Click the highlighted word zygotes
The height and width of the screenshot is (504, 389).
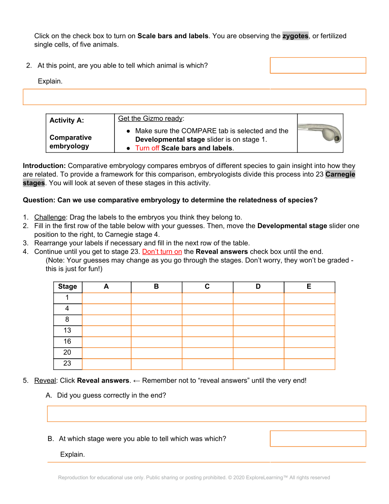point(295,36)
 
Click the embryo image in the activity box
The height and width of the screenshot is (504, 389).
point(320,133)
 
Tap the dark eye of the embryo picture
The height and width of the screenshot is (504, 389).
point(338,139)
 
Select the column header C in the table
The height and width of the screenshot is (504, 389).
point(207,287)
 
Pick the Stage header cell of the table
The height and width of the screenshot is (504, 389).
point(68,287)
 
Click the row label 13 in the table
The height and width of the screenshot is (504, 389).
point(67,330)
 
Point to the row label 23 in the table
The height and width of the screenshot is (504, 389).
point(67,363)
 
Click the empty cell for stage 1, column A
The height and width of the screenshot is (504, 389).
point(106,298)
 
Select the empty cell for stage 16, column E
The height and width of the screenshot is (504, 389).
point(309,342)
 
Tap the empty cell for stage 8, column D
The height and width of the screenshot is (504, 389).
point(258,320)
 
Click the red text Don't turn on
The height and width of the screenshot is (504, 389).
point(162,252)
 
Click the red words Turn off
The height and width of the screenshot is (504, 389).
point(147,148)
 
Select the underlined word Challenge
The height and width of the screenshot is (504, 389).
point(50,217)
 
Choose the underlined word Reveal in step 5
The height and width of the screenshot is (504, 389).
point(45,381)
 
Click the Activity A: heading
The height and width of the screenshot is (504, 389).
point(67,120)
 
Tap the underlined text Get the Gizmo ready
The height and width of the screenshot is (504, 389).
point(151,119)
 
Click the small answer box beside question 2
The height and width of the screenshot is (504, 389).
point(318,65)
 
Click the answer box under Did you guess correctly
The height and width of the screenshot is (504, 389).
point(207,414)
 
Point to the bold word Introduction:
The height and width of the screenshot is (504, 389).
point(44,166)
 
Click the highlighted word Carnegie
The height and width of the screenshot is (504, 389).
point(340,174)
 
